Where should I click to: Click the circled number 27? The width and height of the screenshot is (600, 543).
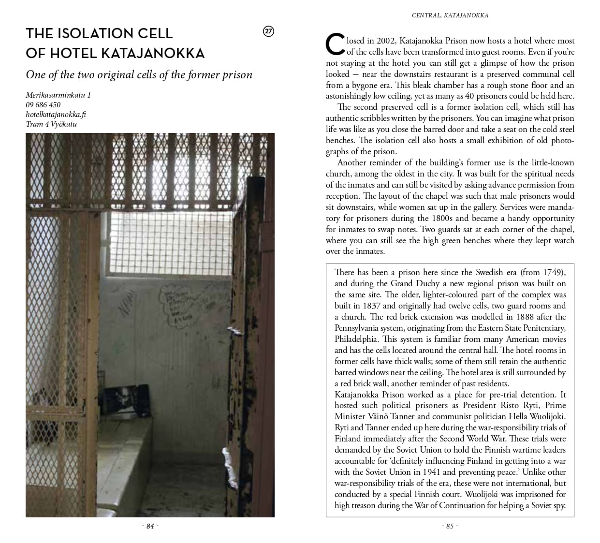[268, 31]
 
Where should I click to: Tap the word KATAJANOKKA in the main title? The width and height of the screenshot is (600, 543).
[152, 53]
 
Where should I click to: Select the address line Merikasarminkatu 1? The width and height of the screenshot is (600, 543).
[58, 95]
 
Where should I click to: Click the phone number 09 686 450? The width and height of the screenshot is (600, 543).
[43, 105]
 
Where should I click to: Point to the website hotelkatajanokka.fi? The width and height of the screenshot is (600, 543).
[56, 115]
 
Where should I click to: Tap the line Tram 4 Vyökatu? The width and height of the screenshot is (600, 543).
[51, 124]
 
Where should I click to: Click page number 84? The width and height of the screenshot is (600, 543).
[150, 526]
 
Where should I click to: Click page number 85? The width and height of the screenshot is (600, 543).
[450, 526]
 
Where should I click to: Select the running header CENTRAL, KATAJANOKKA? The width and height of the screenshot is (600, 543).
[450, 15]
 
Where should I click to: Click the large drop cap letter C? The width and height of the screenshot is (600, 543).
[335, 45]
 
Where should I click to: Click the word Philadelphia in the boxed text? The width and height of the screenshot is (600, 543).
[355, 339]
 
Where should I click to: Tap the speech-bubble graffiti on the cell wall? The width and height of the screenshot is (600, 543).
[176, 305]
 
